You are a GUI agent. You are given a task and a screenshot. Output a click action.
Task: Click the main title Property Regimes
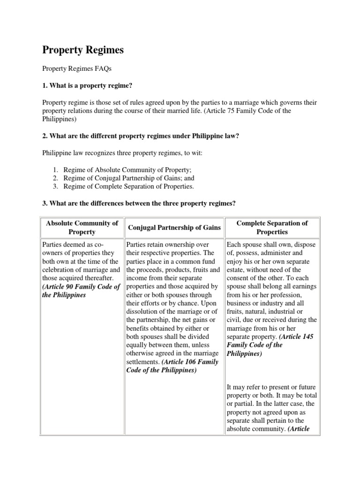pos(84,50)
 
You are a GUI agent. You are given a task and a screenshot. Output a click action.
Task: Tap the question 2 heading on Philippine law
pos(148,136)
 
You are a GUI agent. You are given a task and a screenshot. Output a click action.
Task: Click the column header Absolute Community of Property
pos(82,227)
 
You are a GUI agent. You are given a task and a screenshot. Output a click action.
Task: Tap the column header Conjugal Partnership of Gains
pos(174,227)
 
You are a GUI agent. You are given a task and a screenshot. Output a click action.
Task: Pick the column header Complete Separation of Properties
pos(272,227)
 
